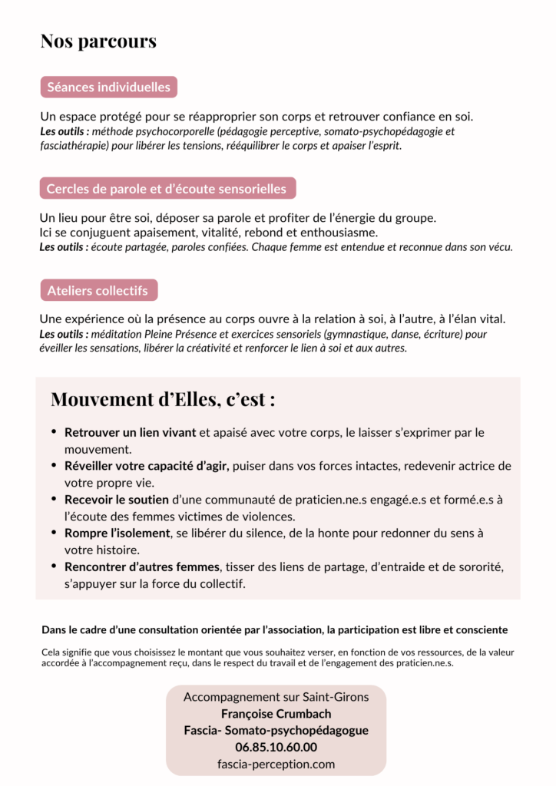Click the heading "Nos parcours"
click(x=98, y=41)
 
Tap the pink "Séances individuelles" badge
click(x=108, y=87)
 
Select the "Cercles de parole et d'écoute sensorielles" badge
click(x=167, y=189)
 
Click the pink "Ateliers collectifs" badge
click(x=98, y=290)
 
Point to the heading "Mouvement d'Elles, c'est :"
click(x=163, y=399)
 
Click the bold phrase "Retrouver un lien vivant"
click(x=130, y=433)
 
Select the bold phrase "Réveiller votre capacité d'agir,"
click(x=147, y=467)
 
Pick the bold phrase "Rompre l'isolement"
click(x=117, y=533)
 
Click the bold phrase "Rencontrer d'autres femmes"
click(x=143, y=566)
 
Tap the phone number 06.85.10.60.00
click(x=276, y=747)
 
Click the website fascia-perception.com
click(x=276, y=764)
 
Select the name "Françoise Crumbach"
click(x=276, y=714)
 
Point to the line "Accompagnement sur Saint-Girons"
click(x=276, y=697)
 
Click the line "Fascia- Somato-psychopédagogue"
click(x=276, y=730)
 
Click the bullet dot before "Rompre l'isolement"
click(x=54, y=533)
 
